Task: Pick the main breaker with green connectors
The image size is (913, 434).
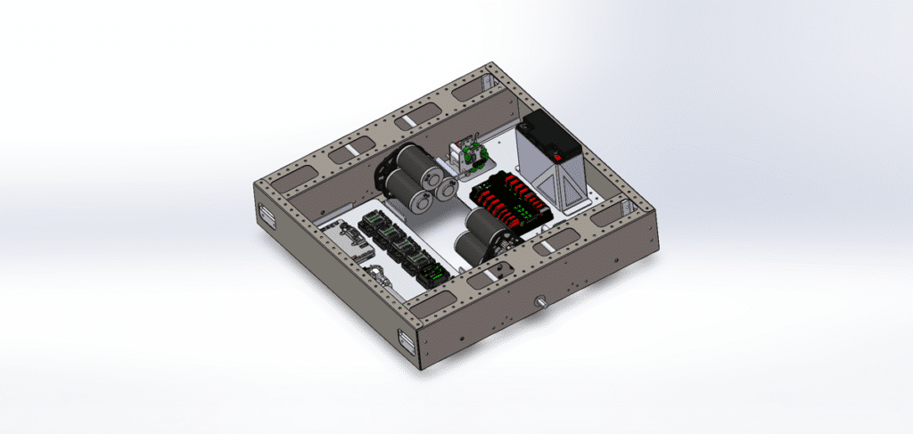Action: tap(471, 157)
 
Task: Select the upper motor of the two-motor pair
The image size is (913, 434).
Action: tap(481, 224)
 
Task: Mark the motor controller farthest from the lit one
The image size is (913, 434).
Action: tap(370, 223)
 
